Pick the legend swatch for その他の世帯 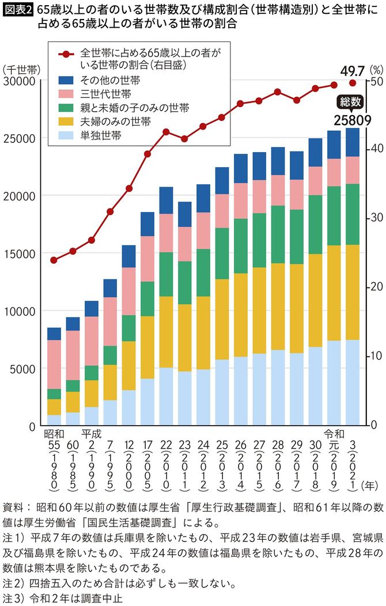tap(66, 81)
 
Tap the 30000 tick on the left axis tap(20, 81)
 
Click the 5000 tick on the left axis tap(23, 369)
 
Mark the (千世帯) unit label tap(21, 69)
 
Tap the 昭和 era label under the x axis tap(54, 433)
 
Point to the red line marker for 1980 tap(54, 260)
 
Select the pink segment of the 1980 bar tap(54, 364)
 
